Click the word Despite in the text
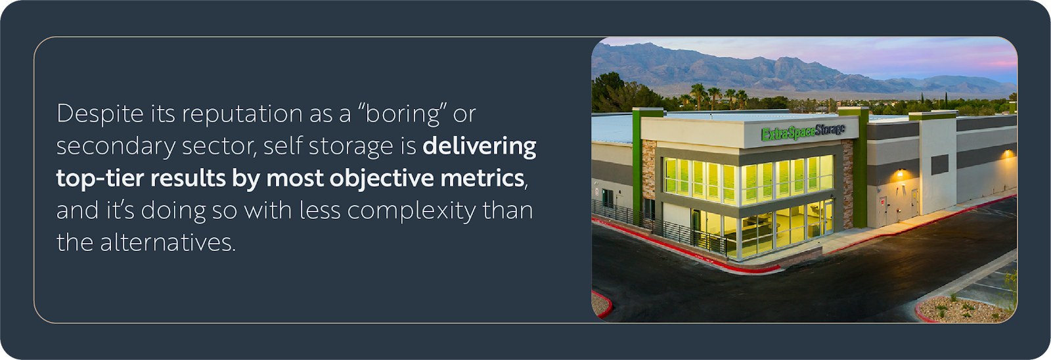[x=100, y=114]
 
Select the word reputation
[x=242, y=114]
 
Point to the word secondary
[x=116, y=146]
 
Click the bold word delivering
[x=479, y=146]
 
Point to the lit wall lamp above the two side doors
[x=900, y=174]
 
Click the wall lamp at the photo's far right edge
[x=1008, y=154]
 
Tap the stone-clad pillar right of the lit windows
[x=847, y=185]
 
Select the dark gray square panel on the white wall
[x=939, y=164]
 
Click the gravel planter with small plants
[x=965, y=310]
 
